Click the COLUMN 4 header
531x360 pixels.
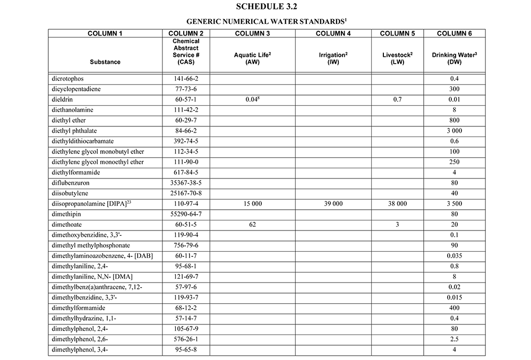(x=333, y=33)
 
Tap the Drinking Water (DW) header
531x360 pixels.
(x=454, y=58)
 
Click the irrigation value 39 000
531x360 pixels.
(x=333, y=203)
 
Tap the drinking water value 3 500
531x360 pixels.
(x=454, y=203)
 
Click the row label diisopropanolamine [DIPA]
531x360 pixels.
(x=88, y=203)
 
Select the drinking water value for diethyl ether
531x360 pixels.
(x=454, y=120)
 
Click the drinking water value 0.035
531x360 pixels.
(x=454, y=255)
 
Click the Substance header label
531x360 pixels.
(x=105, y=62)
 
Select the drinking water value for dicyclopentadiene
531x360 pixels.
(x=454, y=89)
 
